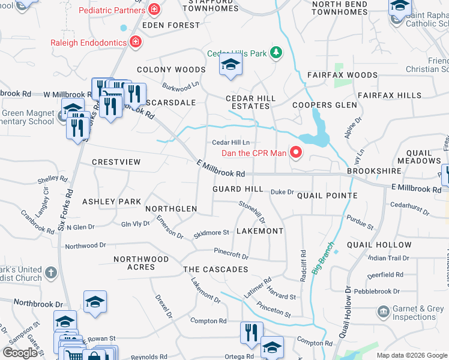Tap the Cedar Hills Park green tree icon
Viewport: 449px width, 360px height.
276,53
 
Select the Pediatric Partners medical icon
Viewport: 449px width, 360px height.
155,10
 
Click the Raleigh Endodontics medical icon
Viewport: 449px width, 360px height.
136,43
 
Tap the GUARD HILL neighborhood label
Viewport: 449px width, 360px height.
238,189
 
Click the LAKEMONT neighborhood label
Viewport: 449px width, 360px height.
260,231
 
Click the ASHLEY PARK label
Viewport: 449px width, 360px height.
112,202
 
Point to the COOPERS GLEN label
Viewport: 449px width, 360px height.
325,105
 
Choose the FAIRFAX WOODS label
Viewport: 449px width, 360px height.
342,76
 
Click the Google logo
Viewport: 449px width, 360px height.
20,352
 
